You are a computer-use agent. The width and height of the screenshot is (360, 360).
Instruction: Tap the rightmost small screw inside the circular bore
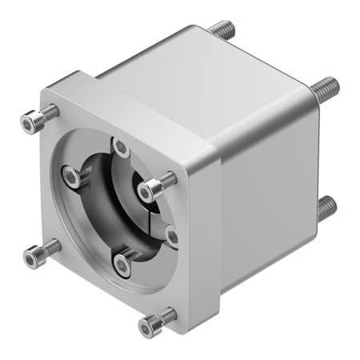(171, 234)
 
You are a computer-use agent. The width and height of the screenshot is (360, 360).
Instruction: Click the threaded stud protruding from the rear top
(222, 31)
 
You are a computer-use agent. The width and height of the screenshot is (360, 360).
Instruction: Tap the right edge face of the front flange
(206, 240)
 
